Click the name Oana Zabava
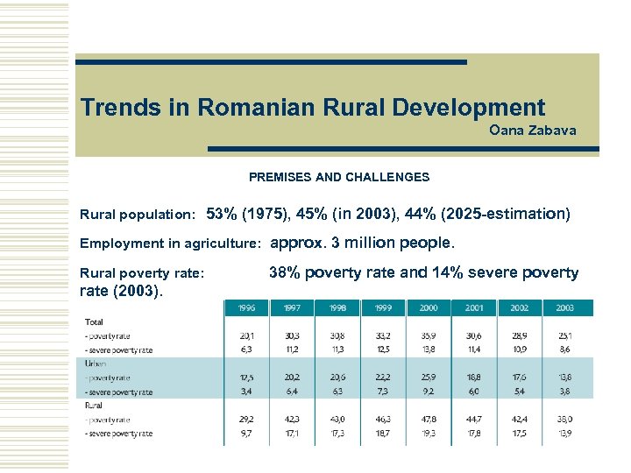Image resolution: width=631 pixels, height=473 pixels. tap(532, 131)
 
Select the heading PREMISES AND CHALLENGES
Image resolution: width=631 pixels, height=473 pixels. tap(339, 177)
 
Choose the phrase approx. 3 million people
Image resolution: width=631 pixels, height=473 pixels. tap(362, 243)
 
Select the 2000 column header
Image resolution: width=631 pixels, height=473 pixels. tap(429, 308)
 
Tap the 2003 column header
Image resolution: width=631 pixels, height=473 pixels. tap(565, 308)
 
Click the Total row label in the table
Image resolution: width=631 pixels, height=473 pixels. tap(94, 322)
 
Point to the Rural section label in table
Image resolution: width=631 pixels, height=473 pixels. tap(95, 406)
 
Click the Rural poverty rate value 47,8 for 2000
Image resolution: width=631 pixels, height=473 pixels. tap(429, 420)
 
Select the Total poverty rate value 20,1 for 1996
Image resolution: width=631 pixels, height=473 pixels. tap(247, 336)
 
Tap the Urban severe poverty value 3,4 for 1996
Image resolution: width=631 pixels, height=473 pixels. tap(247, 392)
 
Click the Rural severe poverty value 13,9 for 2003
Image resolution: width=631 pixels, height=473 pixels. tap(565, 434)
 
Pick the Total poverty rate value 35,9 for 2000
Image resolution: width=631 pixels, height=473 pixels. tap(429, 336)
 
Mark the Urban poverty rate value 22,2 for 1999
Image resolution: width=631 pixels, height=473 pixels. tap(384, 378)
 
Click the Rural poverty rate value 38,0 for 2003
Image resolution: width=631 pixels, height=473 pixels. tap(565, 420)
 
